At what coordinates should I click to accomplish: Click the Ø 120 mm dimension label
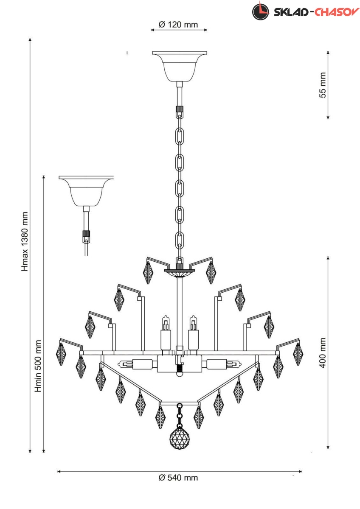point(178,25)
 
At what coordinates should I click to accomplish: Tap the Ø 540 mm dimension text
point(178,478)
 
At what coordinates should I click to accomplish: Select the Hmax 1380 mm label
point(25,241)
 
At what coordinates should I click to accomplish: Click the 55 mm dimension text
point(323,85)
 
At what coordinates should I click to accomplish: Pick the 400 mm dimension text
point(323,353)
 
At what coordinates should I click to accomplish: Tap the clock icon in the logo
point(261,11)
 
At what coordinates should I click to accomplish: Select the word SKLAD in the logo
point(291,12)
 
